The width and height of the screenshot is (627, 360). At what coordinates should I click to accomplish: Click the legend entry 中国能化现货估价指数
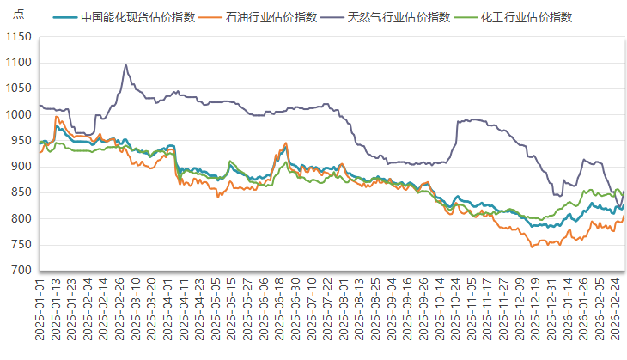[137, 17]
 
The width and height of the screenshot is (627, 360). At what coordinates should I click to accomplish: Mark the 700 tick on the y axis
[20, 271]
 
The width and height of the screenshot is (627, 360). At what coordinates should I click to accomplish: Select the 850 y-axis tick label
[20, 192]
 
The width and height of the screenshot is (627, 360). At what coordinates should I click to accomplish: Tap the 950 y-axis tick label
[20, 141]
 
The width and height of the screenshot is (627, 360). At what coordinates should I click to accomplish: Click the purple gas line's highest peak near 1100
[126, 65]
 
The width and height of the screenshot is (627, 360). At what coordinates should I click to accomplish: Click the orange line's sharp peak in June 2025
[285, 143]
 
